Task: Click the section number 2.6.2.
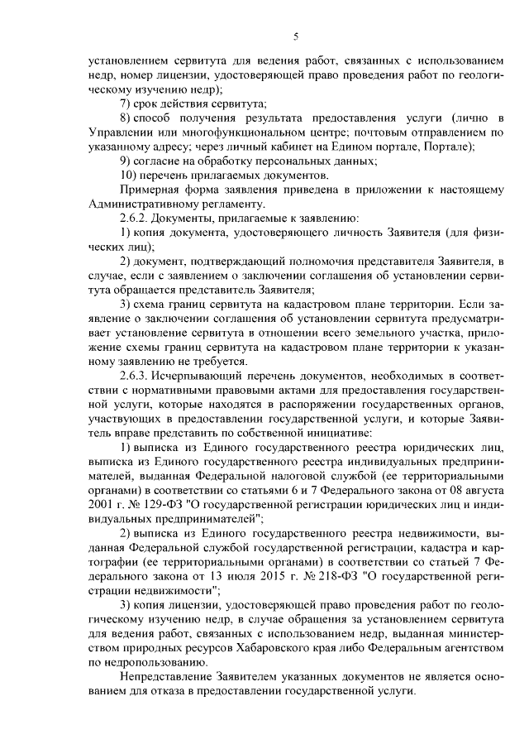[136, 218]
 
